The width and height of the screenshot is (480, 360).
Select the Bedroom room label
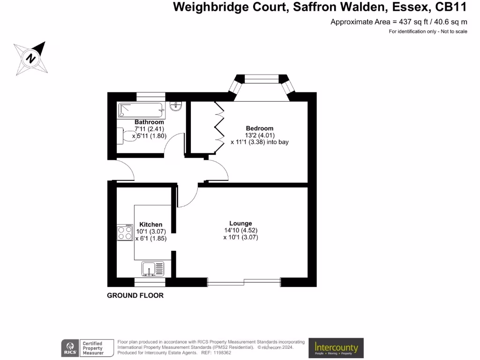260,128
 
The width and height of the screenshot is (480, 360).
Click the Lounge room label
240,224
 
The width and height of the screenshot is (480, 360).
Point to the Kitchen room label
150,225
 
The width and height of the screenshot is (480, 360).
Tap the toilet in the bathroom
126,136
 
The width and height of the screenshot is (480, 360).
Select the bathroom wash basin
177,106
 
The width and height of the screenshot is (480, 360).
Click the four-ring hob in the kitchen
125,233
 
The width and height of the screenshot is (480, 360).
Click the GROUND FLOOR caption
135,296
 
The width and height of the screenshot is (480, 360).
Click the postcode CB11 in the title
452,7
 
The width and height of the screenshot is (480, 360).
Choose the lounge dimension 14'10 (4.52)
241,231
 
